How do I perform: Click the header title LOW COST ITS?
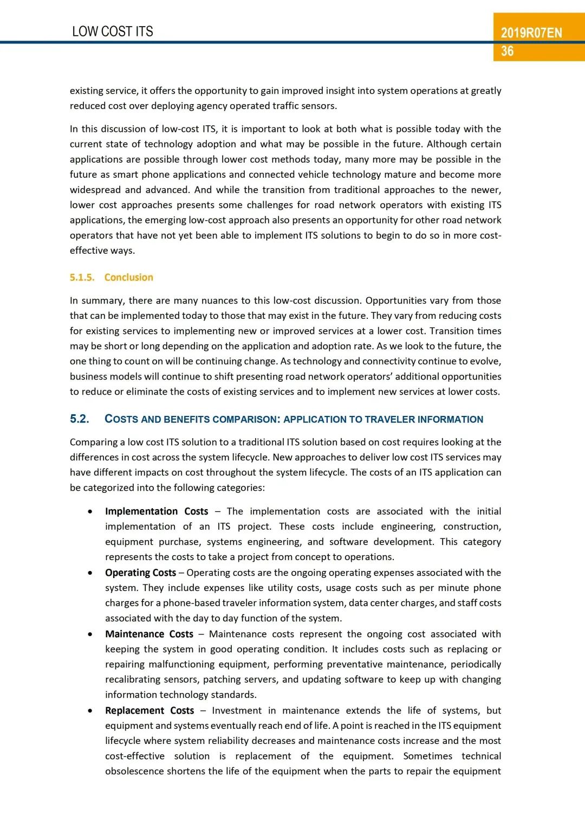pyautogui.click(x=113, y=31)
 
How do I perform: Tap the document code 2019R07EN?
pyautogui.click(x=531, y=33)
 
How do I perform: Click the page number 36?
pyautogui.click(x=508, y=52)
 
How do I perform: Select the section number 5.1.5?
pyautogui.click(x=82, y=278)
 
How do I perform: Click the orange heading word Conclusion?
pyautogui.click(x=129, y=278)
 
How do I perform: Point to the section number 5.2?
pyautogui.click(x=80, y=419)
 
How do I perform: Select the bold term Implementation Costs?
pyautogui.click(x=157, y=511)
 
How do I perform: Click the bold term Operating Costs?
pyautogui.click(x=140, y=573)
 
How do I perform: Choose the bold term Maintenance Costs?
pyautogui.click(x=149, y=634)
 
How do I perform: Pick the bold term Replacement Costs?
pyautogui.click(x=149, y=710)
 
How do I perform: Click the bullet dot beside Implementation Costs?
pyautogui.click(x=90, y=511)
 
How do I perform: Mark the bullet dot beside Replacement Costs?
pyautogui.click(x=90, y=710)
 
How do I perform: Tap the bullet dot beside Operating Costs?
pyautogui.click(x=90, y=573)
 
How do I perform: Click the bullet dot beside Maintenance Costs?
pyautogui.click(x=90, y=634)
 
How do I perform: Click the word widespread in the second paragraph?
pyautogui.click(x=95, y=190)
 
